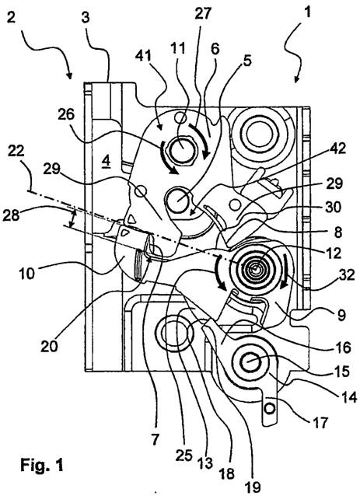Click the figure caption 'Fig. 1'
41,465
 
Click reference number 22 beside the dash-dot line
16,151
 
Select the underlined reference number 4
106,162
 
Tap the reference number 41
143,56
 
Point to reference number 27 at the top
203,14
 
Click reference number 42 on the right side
337,148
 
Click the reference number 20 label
49,346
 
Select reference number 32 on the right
347,275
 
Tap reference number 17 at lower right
320,422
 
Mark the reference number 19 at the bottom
253,487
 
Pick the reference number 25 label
184,456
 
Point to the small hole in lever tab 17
270,409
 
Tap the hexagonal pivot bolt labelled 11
182,149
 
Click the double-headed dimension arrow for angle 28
73,218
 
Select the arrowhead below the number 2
69,75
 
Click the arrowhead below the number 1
296,79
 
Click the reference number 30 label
333,208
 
